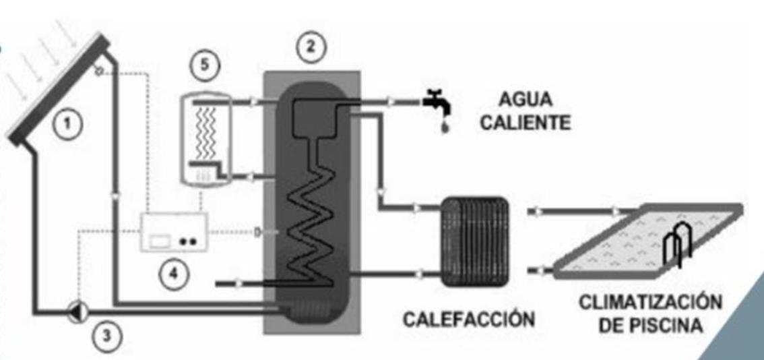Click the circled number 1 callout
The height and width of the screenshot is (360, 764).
click(x=70, y=123)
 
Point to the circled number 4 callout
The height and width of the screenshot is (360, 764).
click(x=174, y=276)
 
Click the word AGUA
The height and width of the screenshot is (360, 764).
click(x=526, y=100)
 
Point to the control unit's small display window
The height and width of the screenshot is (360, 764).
click(x=161, y=239)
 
